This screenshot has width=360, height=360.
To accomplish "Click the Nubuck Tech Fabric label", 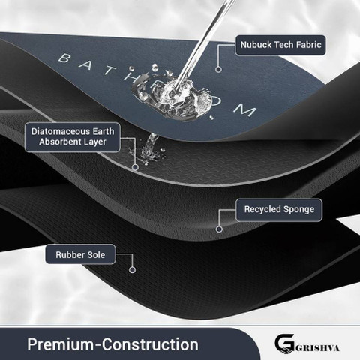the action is coord(280,45).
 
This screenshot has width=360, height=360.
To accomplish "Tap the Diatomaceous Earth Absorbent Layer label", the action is coord(73,137).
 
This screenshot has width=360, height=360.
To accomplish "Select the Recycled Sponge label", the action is coord(279,210).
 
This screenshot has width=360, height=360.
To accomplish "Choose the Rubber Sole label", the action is coord(80,254).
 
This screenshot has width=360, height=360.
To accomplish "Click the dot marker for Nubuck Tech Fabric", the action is coord(218,69).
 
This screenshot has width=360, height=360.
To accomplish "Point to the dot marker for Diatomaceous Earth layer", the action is coord(135,167).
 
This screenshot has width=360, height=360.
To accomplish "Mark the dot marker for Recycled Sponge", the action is coord(219,229).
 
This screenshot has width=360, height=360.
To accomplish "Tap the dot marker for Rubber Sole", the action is coord(132,270).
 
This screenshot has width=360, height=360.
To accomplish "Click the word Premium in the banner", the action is coord(61,344).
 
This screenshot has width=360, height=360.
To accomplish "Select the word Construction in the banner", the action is coord(150,344).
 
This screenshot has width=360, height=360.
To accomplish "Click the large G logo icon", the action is coord(284,343).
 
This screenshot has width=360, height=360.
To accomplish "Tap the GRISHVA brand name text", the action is coord(317,348).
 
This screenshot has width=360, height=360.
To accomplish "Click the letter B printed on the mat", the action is coord(64,58).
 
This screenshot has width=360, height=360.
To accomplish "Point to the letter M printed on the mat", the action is coord(245,110).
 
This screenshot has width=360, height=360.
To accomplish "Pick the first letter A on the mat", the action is coord(85,65).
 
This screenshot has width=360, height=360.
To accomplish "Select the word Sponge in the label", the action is coord(298,210).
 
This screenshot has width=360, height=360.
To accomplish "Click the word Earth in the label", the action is coord(103,131).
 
